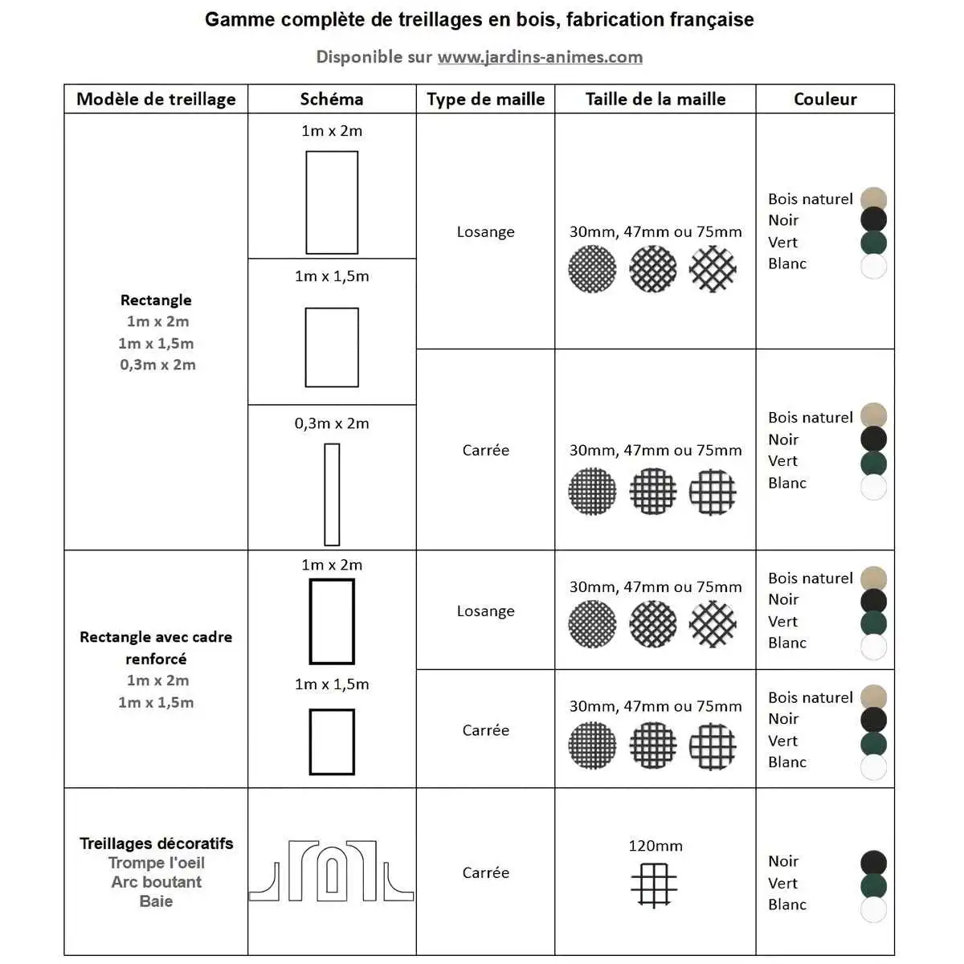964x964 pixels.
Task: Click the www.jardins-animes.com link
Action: coord(540,57)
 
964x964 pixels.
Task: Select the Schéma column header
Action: coord(332,99)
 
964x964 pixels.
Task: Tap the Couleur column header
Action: coord(825,99)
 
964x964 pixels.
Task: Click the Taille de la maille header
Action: coord(656,99)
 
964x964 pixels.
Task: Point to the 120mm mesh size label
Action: coord(656,846)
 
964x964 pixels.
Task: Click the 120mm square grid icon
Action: coord(654,884)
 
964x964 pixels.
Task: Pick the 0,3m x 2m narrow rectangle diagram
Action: coord(332,495)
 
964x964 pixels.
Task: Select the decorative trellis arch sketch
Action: coord(332,871)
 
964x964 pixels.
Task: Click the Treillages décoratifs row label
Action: coord(156,843)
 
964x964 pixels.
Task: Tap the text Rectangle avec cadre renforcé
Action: coord(156,647)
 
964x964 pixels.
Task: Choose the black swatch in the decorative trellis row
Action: coord(873,863)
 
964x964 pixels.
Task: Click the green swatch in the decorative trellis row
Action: coord(873,886)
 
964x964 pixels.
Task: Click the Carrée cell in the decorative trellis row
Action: coord(486,872)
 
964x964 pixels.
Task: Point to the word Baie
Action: coord(156,901)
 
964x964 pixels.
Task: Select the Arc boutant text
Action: coord(156,882)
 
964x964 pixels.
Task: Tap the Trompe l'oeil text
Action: coord(156,863)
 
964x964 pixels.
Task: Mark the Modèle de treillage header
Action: coord(156,99)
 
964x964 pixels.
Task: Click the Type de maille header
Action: coord(486,99)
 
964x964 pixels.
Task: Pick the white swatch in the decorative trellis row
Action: coord(873,909)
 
